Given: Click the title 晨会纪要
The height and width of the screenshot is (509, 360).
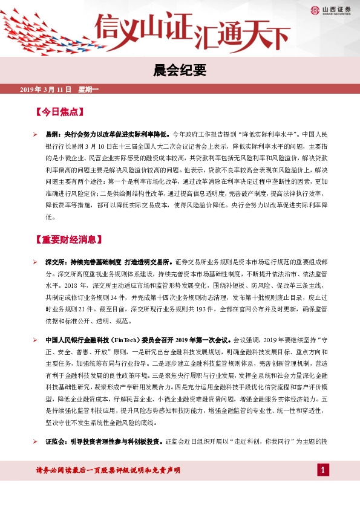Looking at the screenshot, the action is point(180,71).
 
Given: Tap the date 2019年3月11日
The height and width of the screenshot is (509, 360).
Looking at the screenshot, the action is point(46,90).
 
